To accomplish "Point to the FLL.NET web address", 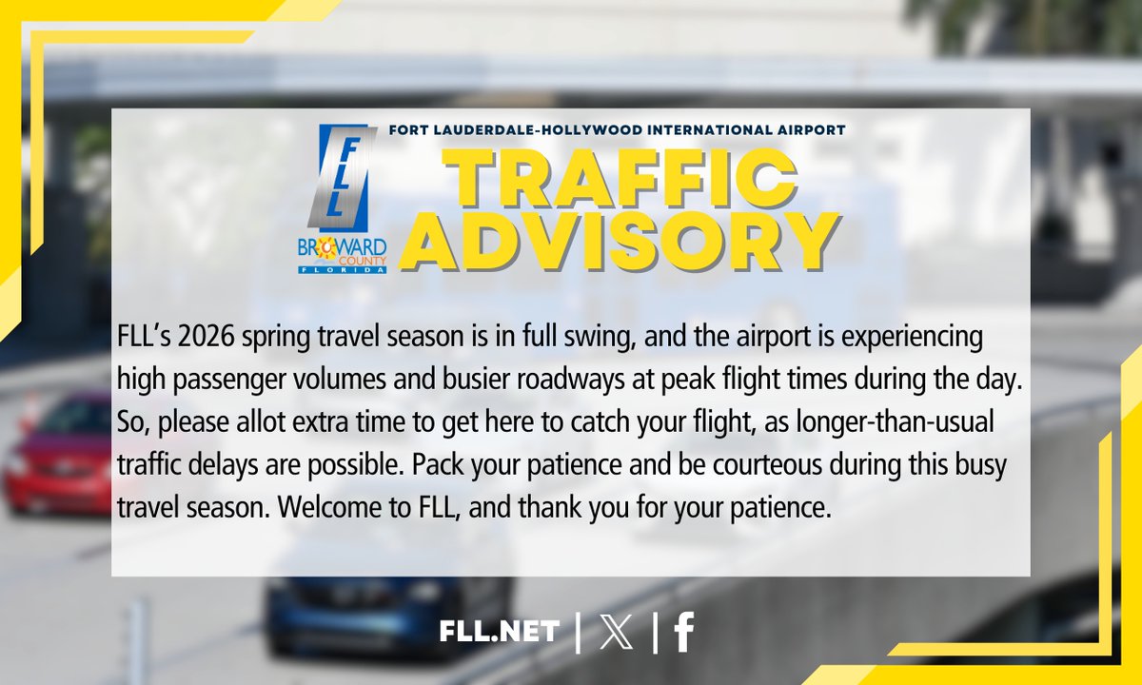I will point(500,633).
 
